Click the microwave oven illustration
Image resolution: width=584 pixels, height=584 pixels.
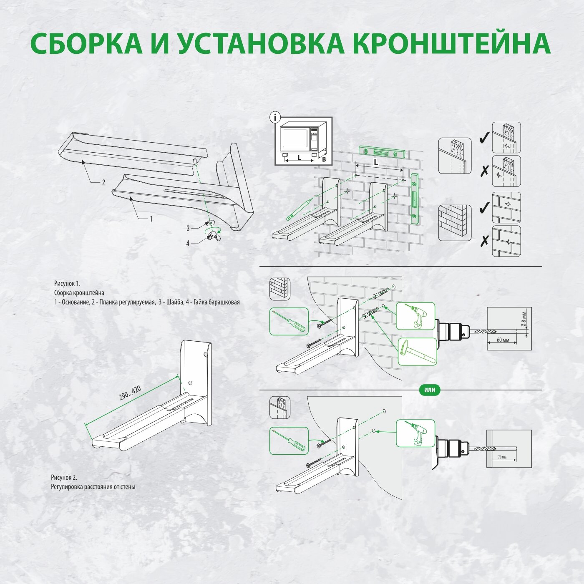click(302, 139)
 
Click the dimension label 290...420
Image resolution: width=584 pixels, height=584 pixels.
click(130, 393)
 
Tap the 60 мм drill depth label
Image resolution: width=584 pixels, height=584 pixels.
click(503, 340)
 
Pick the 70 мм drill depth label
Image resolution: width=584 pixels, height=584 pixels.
click(502, 457)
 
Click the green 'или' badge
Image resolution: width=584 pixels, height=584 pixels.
click(429, 390)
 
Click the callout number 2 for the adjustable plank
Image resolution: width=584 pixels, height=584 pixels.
click(103, 182)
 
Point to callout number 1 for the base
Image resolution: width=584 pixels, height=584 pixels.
click(151, 219)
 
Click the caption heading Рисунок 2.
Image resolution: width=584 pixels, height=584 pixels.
click(64, 478)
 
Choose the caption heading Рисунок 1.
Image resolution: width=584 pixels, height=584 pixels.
click(67, 284)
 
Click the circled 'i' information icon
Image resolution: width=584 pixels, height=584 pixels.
click(274, 118)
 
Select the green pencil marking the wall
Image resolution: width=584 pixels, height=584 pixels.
click(298, 209)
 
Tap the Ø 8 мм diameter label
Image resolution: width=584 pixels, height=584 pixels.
click(524, 319)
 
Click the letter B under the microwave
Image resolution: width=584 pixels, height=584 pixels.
click(324, 159)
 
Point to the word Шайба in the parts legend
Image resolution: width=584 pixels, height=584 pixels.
click(174, 302)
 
